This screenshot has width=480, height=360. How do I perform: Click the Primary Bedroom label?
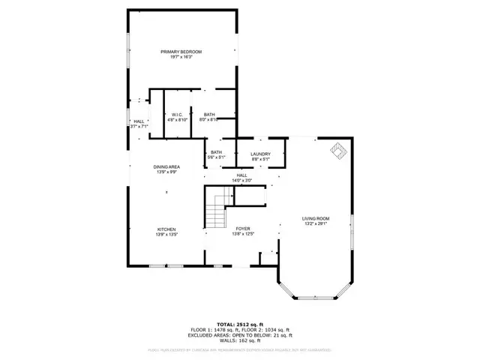pos(181,51)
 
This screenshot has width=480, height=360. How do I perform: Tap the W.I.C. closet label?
pos(175,114)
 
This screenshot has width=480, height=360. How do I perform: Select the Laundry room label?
pos(260,153)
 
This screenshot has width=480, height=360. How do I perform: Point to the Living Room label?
pos(316,218)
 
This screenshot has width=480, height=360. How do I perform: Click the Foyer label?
pos(242,229)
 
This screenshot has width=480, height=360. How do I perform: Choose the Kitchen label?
pos(166,229)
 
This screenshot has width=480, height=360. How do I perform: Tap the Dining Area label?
pos(166,167)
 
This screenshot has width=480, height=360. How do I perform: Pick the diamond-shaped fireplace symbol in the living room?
pos(339,151)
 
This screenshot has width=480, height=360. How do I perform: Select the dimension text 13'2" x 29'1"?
pos(316,223)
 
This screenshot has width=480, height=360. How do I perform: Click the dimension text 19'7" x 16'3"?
pos(181,56)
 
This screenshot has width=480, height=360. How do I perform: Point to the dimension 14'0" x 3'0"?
pos(242,180)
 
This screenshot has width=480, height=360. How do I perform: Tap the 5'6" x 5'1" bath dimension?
pos(216,157)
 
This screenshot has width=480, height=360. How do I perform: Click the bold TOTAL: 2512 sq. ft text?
pos(240,324)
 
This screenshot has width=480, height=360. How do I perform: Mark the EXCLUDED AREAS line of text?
pos(240,334)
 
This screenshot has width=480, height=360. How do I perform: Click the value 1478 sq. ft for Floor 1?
pos(225,329)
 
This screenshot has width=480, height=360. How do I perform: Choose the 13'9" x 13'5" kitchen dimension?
pos(166,234)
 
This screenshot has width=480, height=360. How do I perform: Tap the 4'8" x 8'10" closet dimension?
pos(175,119)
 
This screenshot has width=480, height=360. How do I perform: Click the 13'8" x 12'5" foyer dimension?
pos(242,234)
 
